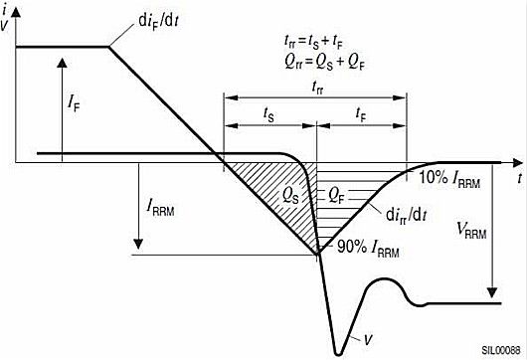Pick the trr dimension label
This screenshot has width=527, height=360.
point(316,87)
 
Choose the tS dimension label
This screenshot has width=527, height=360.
point(269,114)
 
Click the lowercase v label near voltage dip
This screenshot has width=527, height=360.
point(367,336)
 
